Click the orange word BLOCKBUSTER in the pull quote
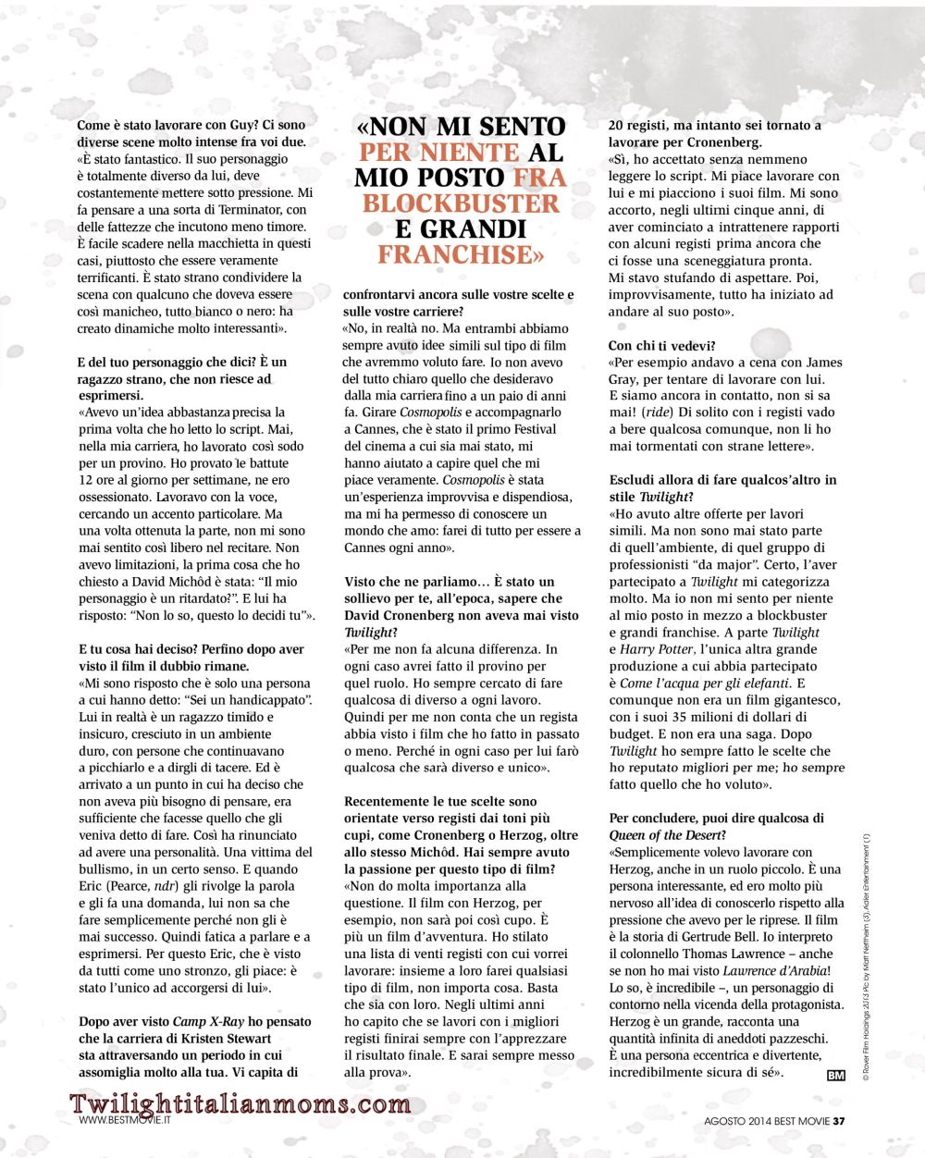pyautogui.click(x=461, y=203)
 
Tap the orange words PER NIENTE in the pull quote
pyautogui.click(x=425, y=152)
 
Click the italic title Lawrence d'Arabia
pyautogui.click(x=773, y=970)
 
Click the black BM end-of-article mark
pyautogui.click(x=835, y=1075)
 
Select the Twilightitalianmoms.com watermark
pyautogui.click(x=240, y=1103)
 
